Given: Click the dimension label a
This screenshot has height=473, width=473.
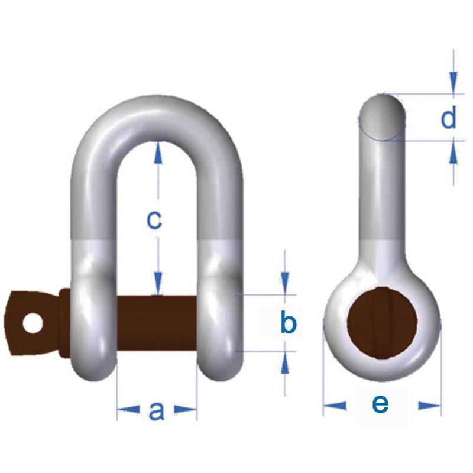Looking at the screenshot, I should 156,410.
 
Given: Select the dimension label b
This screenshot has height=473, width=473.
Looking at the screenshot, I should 287,323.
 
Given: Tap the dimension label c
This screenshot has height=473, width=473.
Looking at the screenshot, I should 154,220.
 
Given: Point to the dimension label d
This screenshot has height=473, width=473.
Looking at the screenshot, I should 449,118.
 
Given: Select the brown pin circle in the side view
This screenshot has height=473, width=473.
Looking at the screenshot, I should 382,322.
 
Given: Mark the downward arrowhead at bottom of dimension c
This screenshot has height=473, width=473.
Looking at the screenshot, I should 157,284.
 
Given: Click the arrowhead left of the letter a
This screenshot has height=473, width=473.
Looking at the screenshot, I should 127,409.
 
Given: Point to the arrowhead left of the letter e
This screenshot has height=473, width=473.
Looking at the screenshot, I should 335,406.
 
